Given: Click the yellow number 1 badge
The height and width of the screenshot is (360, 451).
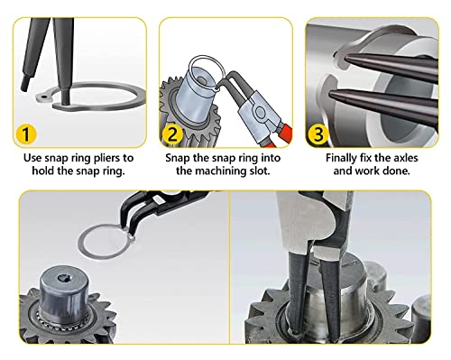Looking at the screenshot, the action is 26,134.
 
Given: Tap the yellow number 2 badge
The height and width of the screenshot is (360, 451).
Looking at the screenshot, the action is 172,134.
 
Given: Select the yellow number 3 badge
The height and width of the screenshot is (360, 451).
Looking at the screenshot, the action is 318,134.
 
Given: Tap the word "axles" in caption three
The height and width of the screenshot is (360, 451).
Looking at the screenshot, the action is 405,158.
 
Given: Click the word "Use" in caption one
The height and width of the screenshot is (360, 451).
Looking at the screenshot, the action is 32,158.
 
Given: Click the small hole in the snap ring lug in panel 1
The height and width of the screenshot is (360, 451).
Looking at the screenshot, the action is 44,97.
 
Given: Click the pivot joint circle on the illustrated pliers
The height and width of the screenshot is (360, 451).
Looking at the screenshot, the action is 259,112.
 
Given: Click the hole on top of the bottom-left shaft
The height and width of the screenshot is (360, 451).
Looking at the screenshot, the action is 63,278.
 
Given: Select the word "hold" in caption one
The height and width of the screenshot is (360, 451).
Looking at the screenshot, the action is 43,171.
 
